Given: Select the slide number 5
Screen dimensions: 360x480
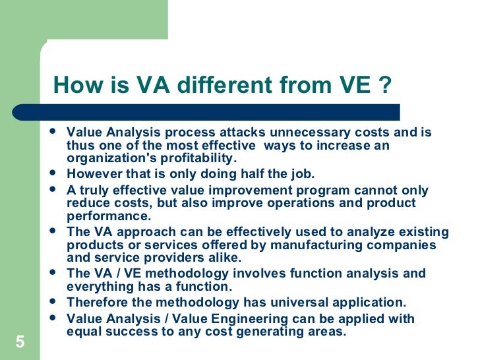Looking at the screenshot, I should pyautogui.click(x=19, y=342).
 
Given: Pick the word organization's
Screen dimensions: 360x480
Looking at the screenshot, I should pyautogui.click(x=109, y=158).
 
